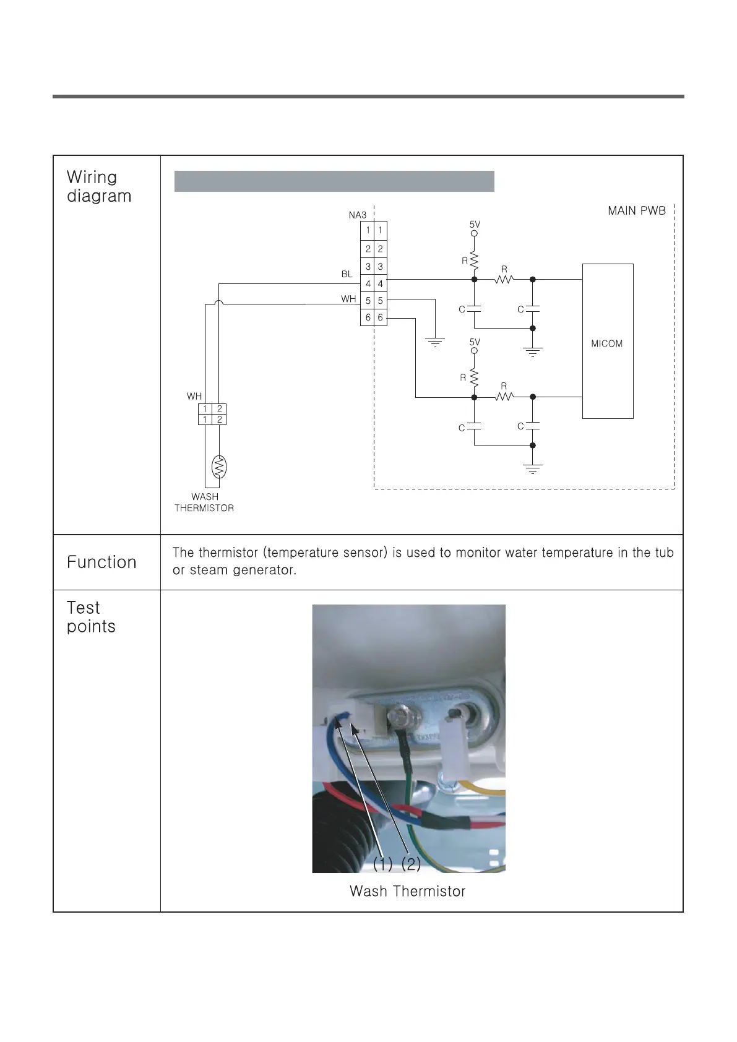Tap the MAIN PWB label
pos(636,211)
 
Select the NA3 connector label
pos(357,215)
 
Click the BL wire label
pos(347,274)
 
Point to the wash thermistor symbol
pos(219,467)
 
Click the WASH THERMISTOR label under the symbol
pos(204,502)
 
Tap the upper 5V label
pos(475,225)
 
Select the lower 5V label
pos(475,342)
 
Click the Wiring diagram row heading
pos(98,186)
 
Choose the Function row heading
pos(101,562)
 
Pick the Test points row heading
pos(90,617)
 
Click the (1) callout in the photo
pos(382,863)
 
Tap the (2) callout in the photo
pos(410,863)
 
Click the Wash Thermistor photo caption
pos(407,891)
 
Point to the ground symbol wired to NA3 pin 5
pos(435,341)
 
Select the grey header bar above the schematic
pos(334,181)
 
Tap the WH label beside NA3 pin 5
pos(348,299)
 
